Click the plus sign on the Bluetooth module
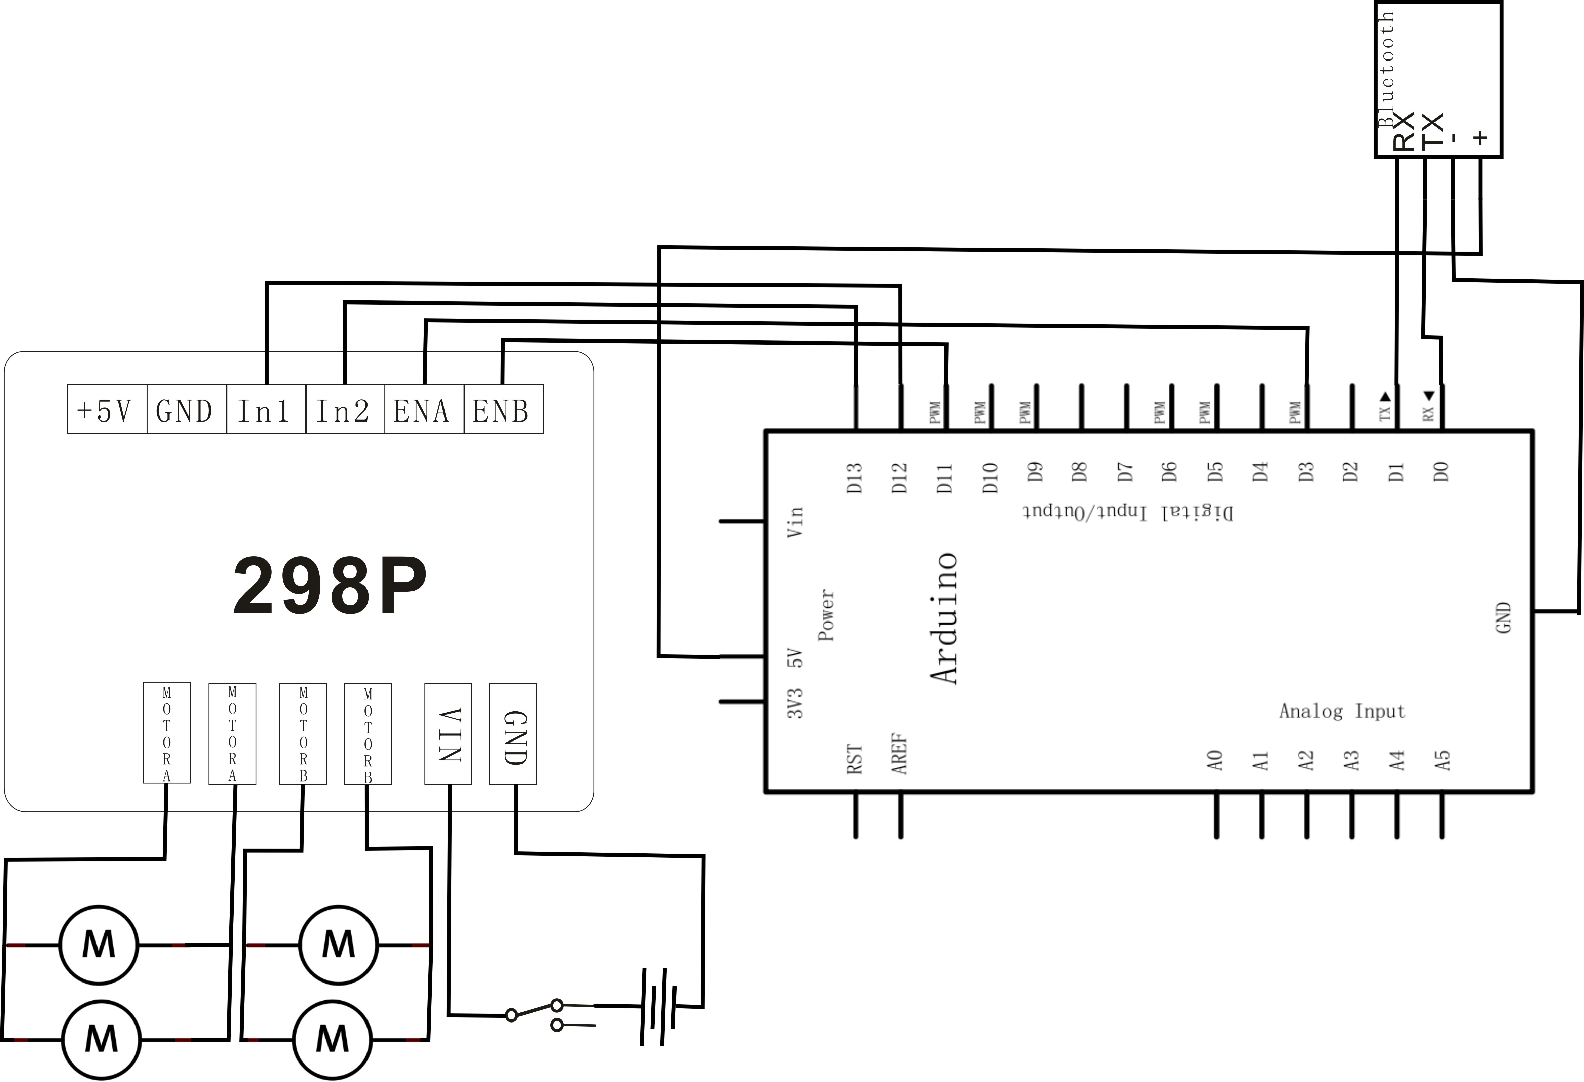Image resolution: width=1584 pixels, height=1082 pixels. [1480, 137]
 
